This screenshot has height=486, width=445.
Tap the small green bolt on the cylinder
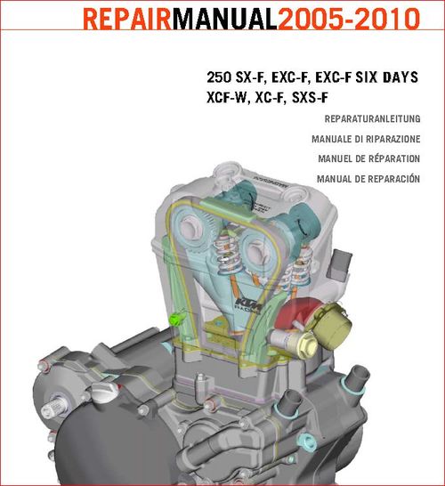click(x=174, y=319)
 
